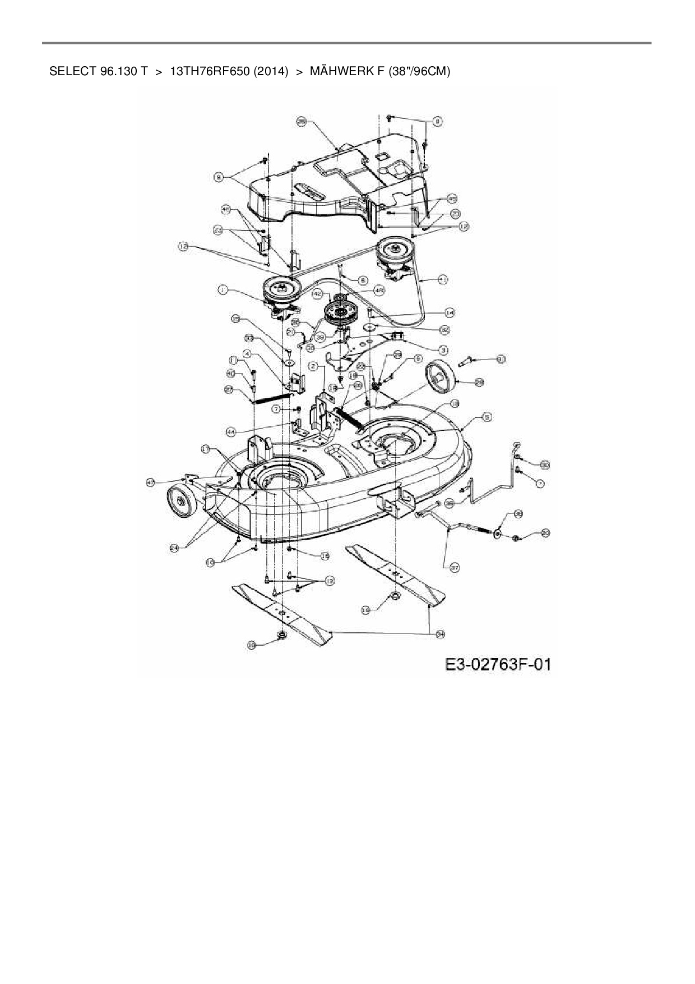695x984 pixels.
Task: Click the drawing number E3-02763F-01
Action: [498, 665]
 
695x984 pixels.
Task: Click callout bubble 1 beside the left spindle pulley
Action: [223, 289]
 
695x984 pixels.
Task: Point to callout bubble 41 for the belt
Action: [443, 279]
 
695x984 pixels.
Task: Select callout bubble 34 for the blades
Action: [441, 633]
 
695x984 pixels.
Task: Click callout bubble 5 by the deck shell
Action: [487, 417]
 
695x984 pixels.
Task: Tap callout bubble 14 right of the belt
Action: [450, 312]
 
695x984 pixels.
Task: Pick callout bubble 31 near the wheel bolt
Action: [501, 358]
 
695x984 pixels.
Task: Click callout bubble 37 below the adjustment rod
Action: [455, 568]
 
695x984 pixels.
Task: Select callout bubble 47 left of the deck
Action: [151, 482]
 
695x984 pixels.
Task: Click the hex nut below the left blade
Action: [282, 634]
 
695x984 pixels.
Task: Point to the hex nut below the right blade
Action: [395, 596]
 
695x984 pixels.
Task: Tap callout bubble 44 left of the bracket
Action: [231, 431]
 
